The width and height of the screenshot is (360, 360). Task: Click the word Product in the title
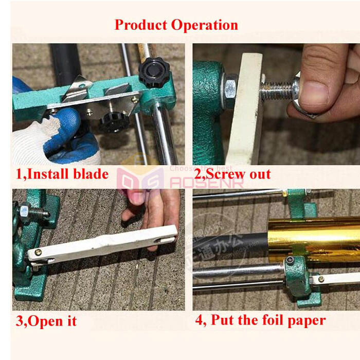(x=140, y=25)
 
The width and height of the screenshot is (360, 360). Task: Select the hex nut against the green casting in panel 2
(x=230, y=88)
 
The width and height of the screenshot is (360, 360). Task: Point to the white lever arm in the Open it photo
(x=103, y=246)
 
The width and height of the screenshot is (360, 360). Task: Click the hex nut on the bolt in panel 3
(x=24, y=210)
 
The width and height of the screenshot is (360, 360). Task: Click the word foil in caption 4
(x=271, y=320)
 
